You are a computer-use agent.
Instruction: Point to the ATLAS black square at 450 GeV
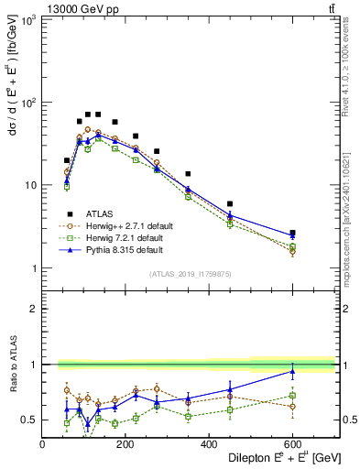click(x=230, y=203)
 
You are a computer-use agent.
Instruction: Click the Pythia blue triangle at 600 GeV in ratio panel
click(x=292, y=371)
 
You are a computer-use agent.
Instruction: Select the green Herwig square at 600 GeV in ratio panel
click(x=292, y=396)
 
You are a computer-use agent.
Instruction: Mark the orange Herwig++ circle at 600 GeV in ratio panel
click(x=292, y=406)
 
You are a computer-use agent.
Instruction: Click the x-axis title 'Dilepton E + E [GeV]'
click(x=275, y=458)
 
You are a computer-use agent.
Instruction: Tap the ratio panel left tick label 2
click(x=35, y=309)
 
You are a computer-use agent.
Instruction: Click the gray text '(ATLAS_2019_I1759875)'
click(x=191, y=273)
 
